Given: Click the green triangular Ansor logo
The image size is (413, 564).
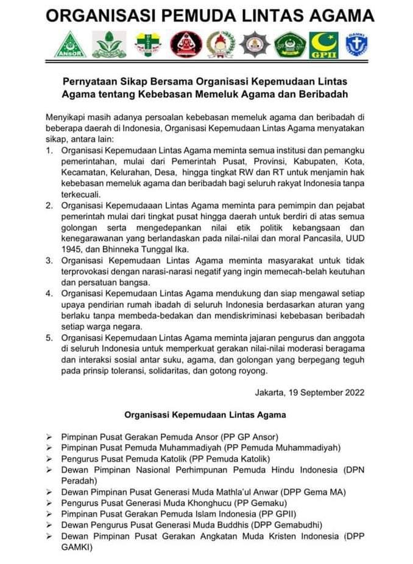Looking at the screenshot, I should [69, 44].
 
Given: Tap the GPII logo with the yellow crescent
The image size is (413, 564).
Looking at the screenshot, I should [323, 44].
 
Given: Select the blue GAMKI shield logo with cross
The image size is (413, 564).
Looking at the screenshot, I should [356, 44].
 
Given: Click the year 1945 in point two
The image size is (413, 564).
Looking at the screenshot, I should [72, 248].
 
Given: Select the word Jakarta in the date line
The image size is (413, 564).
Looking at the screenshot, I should [275, 392].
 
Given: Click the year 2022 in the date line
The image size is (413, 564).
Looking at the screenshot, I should [353, 392].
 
